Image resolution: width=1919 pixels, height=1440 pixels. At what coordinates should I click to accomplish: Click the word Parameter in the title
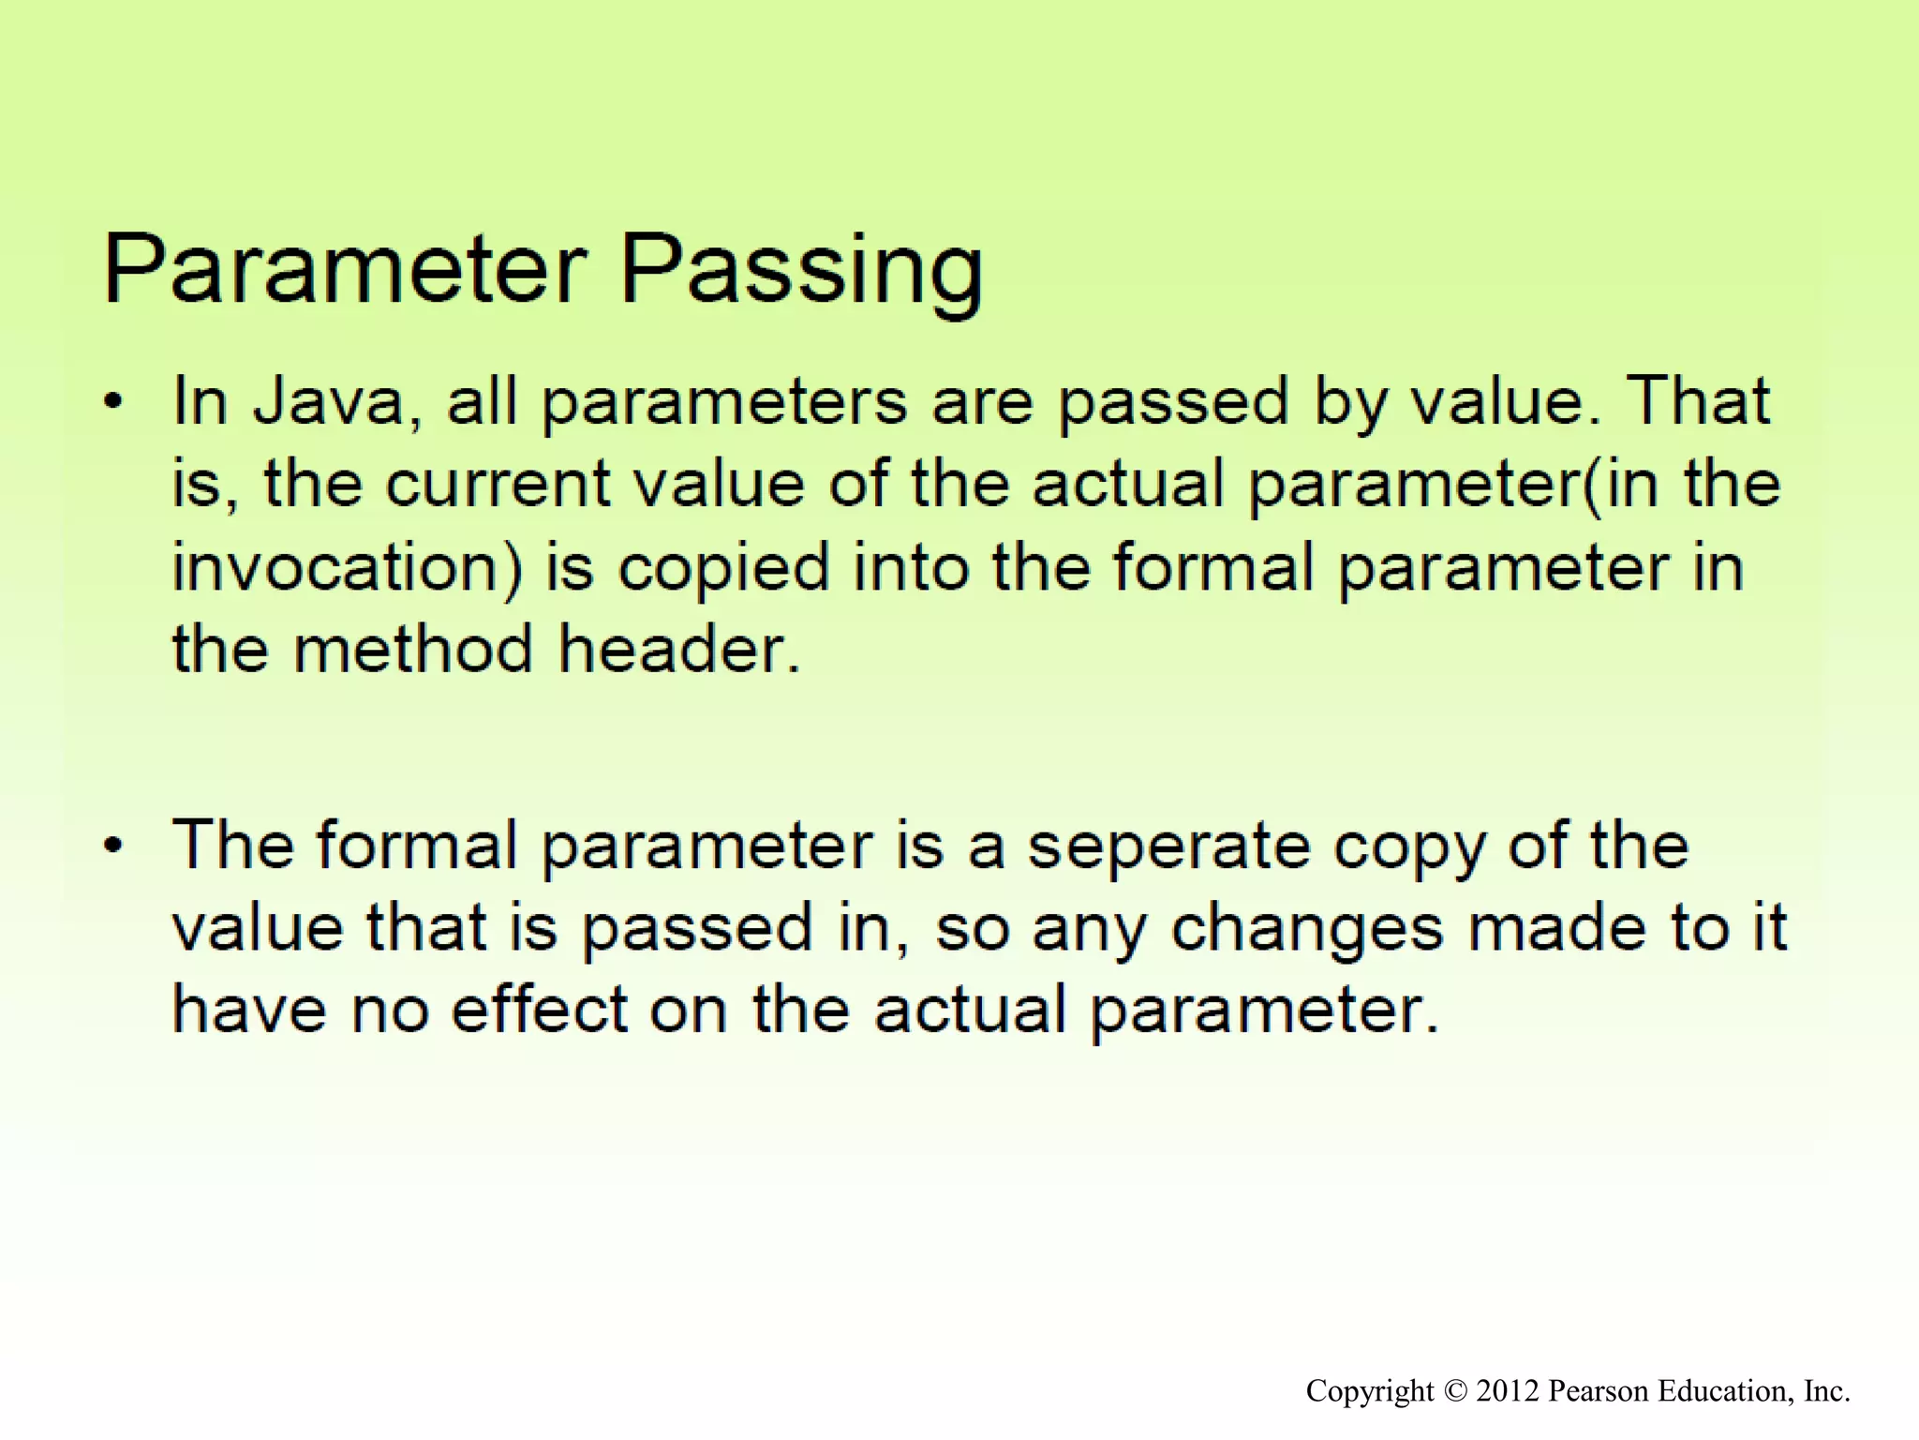pos(345,269)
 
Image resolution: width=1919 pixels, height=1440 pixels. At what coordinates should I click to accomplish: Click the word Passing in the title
pos(801,272)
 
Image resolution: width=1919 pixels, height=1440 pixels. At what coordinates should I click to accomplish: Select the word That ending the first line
pos(1697,402)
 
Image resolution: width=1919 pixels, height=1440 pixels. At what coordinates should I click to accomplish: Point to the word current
pos(498,485)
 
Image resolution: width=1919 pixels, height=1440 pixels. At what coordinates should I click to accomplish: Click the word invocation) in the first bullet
pos(347,568)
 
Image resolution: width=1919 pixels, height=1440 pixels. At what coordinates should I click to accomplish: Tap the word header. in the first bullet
pos(680,650)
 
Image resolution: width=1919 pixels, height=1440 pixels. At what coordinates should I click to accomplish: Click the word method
pos(413,650)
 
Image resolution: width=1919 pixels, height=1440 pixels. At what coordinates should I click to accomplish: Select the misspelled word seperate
pos(1168,847)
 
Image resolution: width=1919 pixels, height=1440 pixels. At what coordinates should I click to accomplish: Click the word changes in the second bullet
pos(1307,929)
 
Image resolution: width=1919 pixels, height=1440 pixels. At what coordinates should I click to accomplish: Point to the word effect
pos(540,1011)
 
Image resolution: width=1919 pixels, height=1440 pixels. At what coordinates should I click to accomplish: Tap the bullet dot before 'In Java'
pos(113,403)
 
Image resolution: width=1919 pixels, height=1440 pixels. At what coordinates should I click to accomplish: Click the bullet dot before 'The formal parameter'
pos(113,847)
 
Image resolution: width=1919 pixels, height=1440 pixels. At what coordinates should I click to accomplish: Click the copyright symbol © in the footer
pos(1454,1391)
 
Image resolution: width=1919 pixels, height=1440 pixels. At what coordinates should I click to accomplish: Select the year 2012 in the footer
pos(1508,1391)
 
